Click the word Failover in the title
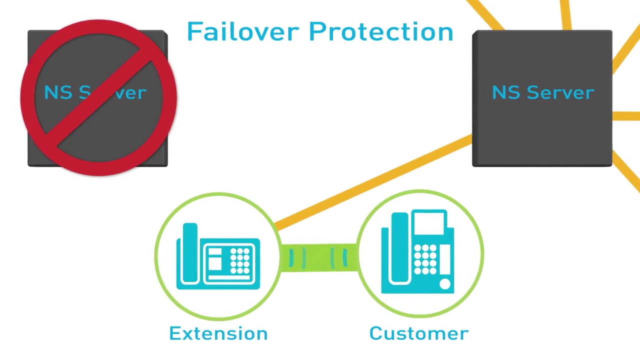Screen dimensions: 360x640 243,31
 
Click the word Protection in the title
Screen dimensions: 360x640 381,31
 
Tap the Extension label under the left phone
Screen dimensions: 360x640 218,333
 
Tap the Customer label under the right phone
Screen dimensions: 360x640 418,333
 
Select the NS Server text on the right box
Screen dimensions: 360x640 542,93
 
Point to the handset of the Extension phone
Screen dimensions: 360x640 190,252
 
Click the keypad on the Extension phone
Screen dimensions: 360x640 240,259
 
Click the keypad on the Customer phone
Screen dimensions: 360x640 425,259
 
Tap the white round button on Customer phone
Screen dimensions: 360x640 444,284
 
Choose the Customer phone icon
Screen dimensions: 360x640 418,252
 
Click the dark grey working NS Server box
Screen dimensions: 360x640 542,135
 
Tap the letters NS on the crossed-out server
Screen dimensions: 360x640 58,93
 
